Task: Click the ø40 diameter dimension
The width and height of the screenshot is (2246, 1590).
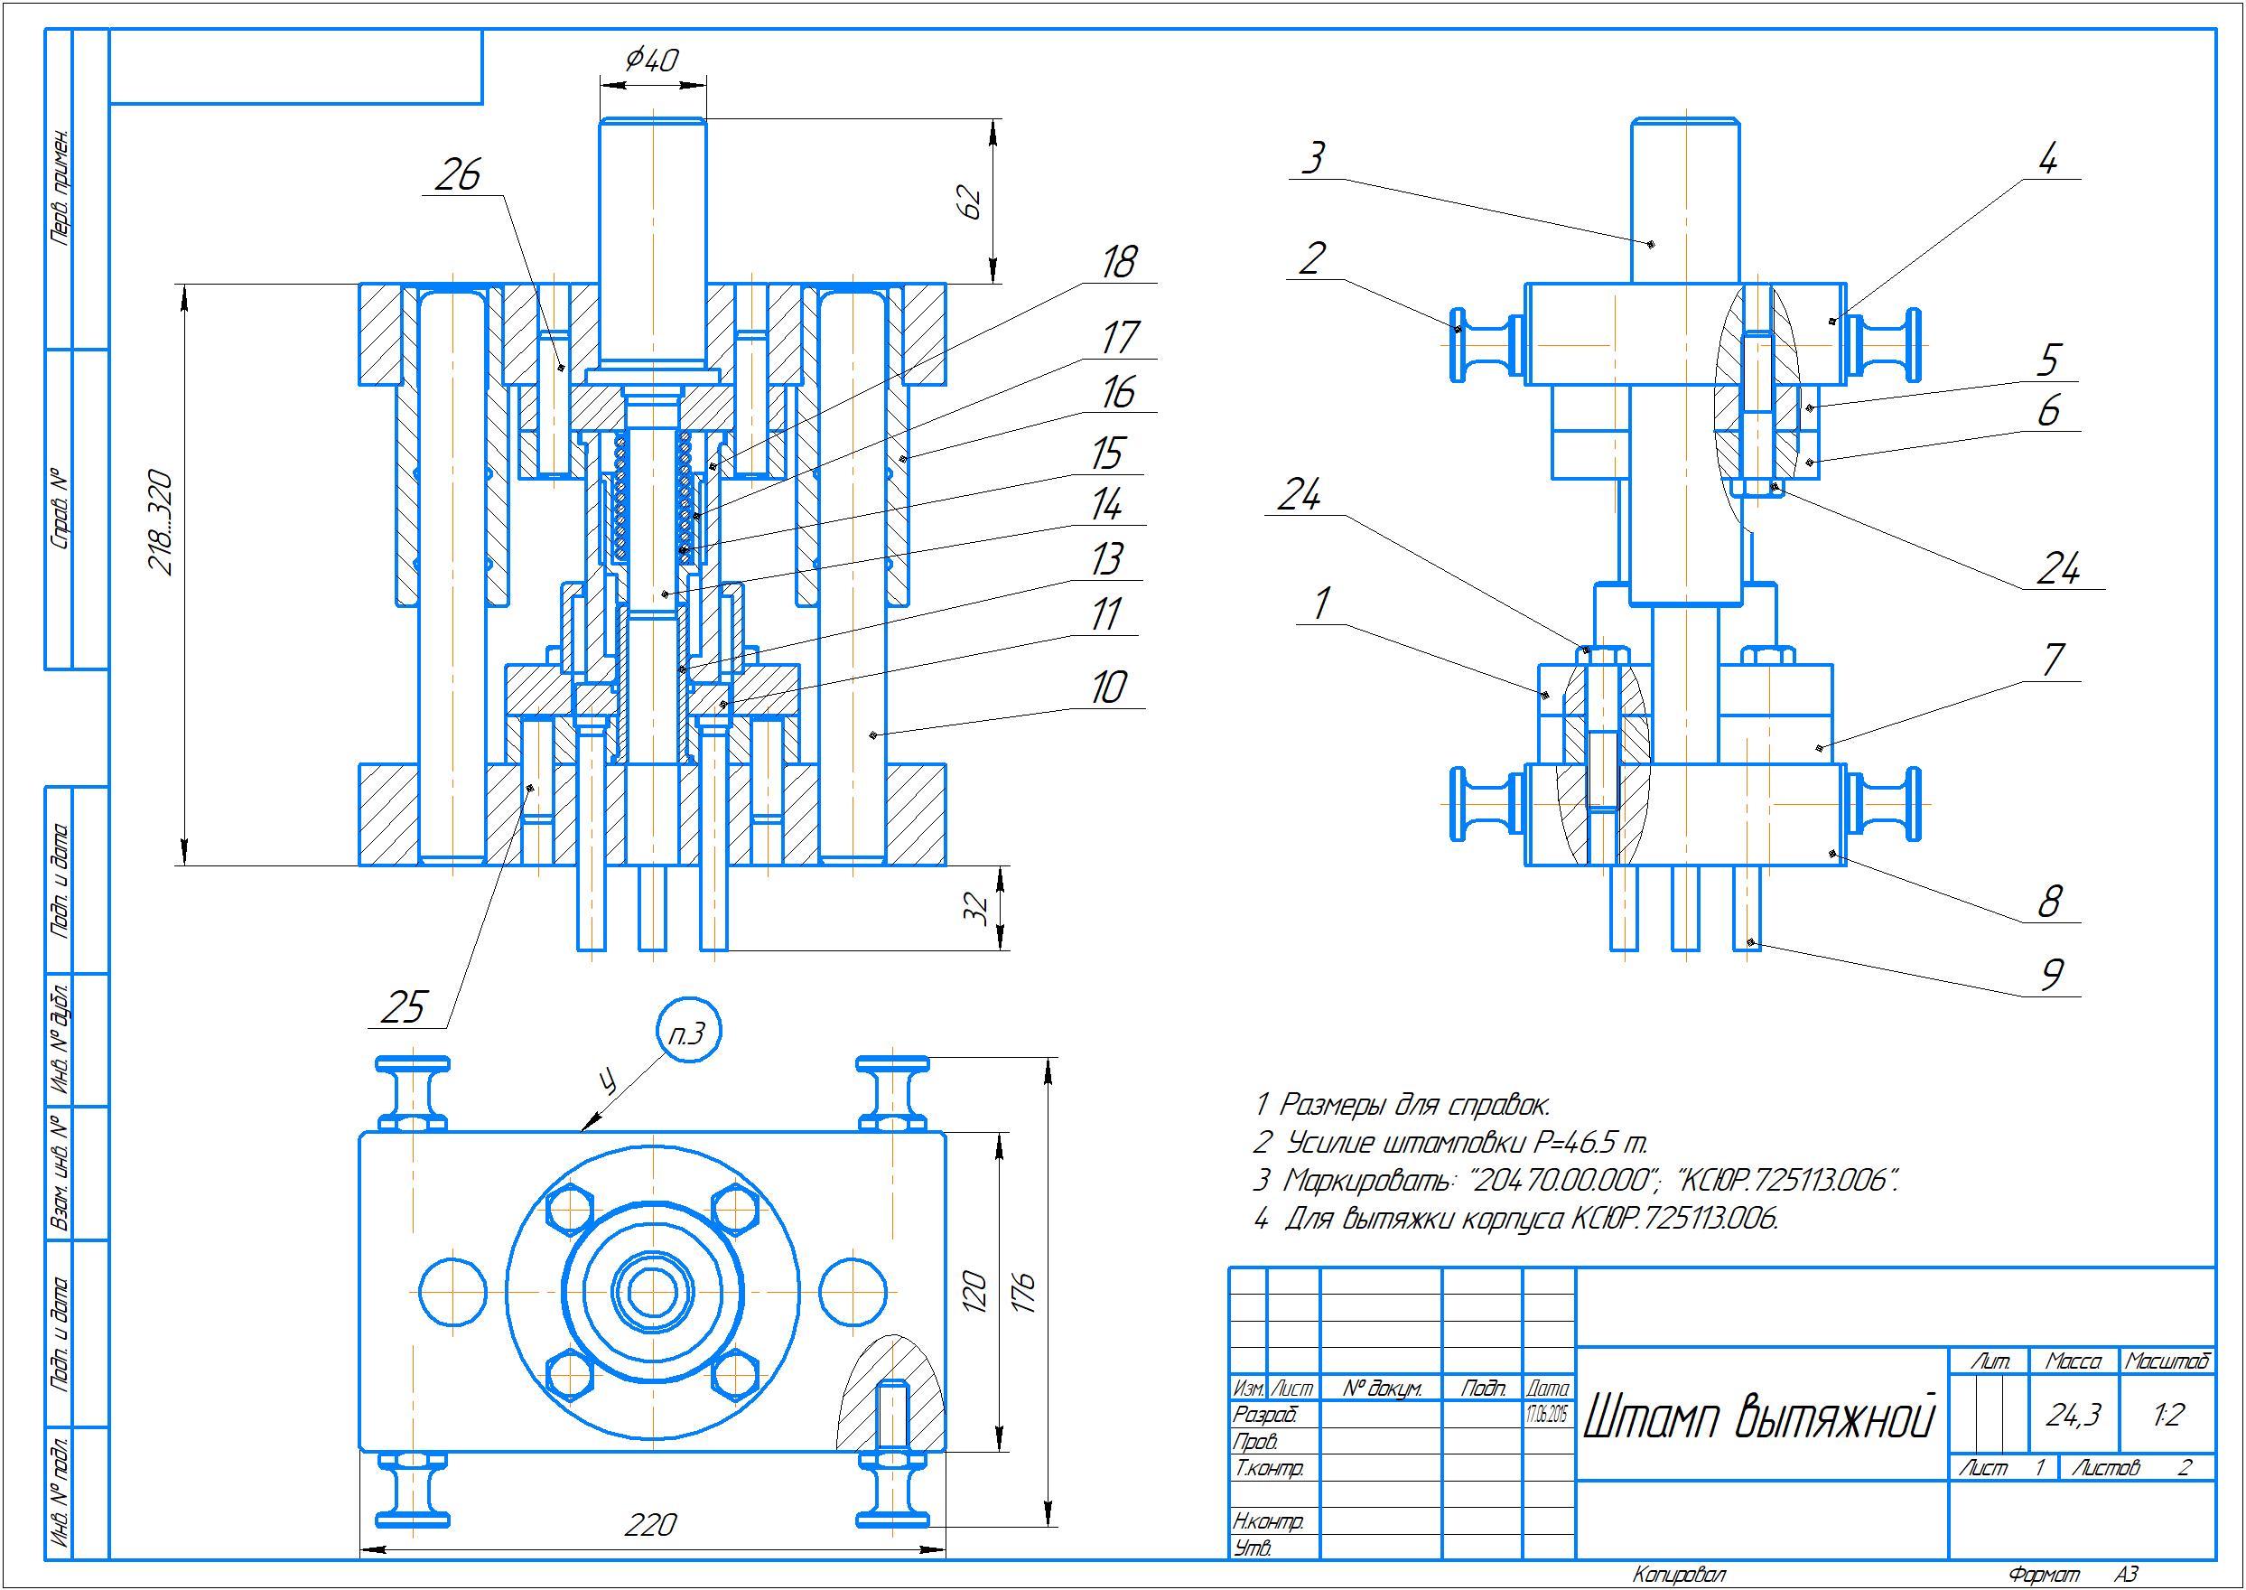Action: [x=652, y=61]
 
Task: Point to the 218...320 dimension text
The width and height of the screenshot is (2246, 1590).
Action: [x=161, y=524]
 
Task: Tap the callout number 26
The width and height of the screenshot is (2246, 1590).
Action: [x=458, y=176]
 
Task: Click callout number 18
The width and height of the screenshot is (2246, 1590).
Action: [x=1119, y=262]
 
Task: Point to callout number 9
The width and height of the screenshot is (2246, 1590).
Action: [x=2051, y=974]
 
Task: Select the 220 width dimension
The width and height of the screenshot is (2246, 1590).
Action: [x=651, y=1524]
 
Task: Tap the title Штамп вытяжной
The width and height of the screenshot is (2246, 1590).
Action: [x=1758, y=1417]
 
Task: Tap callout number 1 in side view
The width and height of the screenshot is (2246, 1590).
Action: [x=1323, y=603]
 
